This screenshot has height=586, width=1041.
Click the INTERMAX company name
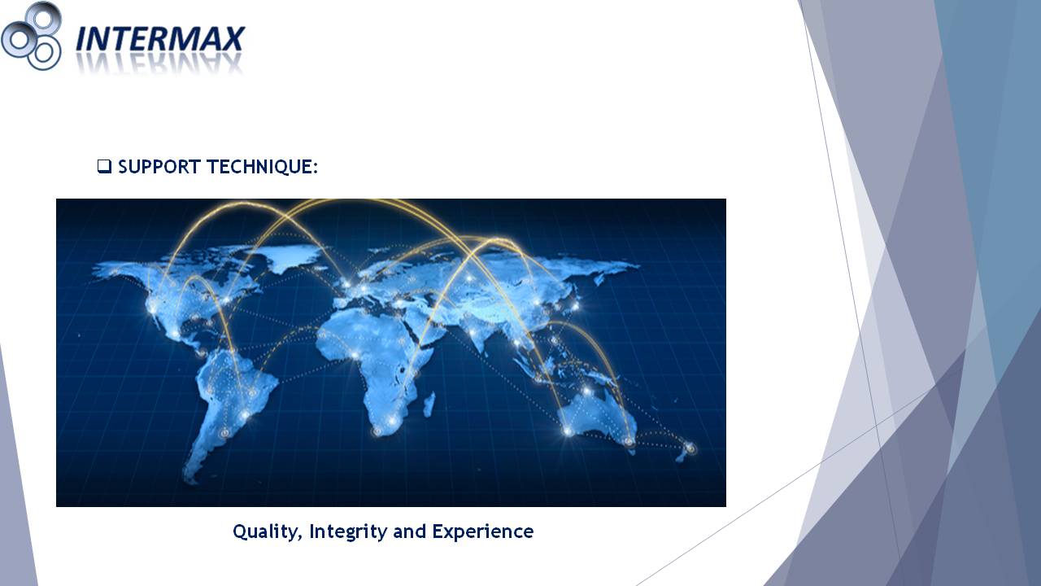pyautogui.click(x=160, y=38)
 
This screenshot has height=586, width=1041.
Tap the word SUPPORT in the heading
pyautogui.click(x=159, y=167)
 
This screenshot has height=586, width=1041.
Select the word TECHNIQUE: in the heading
pyautogui.click(x=262, y=167)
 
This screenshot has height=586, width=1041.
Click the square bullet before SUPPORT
pyautogui.click(x=104, y=166)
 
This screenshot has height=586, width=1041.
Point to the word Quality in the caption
pyautogui.click(x=268, y=531)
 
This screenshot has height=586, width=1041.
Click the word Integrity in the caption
pyautogui.click(x=348, y=531)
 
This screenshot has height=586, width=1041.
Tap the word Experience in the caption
pyautogui.click(x=483, y=531)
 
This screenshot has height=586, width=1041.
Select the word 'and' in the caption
pyautogui.click(x=409, y=531)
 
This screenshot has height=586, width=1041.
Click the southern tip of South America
pyautogui.click(x=190, y=479)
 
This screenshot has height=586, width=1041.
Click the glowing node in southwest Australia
pyautogui.click(x=568, y=431)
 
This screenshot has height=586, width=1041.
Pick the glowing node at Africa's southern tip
pyautogui.click(x=377, y=431)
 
